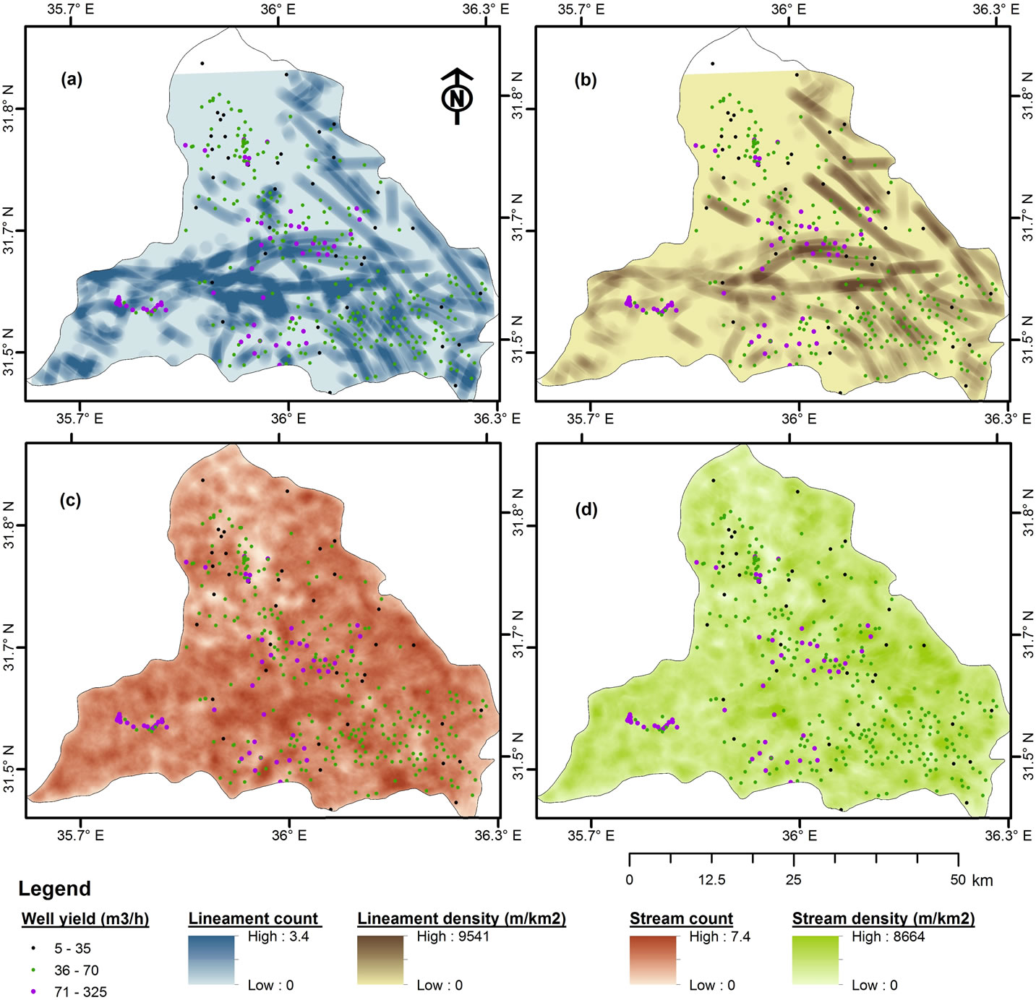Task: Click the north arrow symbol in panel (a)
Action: tap(457, 96)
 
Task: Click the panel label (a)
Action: tap(71, 79)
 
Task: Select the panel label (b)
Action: tap(585, 80)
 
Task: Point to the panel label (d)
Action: tap(585, 510)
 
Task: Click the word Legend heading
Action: tap(55, 889)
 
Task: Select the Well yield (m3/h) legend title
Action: tap(85, 919)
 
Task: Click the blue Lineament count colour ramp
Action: tap(211, 960)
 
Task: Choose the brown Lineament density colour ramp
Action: tap(381, 960)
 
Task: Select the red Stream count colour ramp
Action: tap(653, 960)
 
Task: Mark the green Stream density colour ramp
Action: tap(815, 960)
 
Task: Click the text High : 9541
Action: tap(453, 937)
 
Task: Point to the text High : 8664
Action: tap(888, 937)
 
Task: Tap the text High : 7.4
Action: tap(719, 937)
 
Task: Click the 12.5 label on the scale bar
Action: tap(711, 880)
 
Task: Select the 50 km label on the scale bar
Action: tap(971, 880)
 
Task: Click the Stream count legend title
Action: tap(681, 919)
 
